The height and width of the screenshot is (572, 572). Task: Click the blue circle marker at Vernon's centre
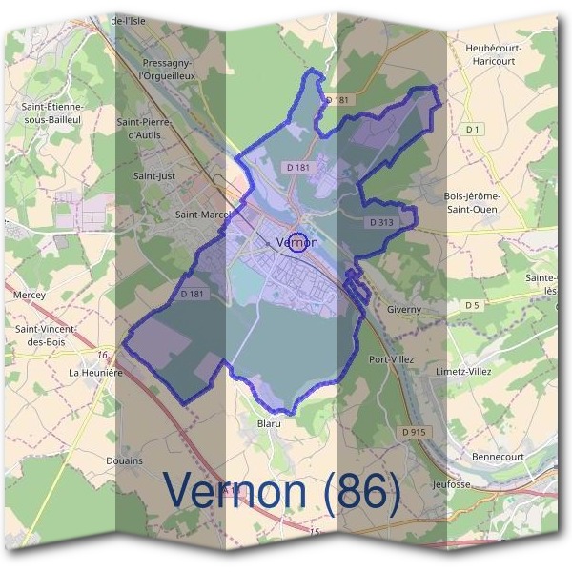[297, 242]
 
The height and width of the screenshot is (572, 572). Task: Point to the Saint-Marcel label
[202, 215]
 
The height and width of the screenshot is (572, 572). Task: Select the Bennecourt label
[500, 457]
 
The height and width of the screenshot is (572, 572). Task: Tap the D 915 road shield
[414, 432]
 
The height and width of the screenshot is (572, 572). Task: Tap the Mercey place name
[30, 296]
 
